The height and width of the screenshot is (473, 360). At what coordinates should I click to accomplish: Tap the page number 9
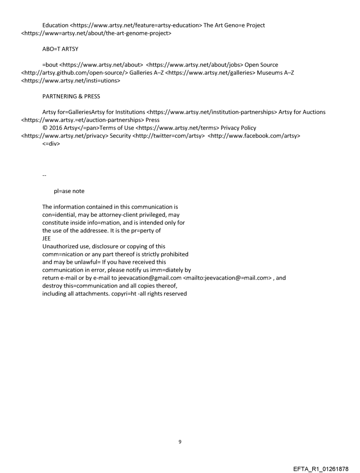click(x=180, y=442)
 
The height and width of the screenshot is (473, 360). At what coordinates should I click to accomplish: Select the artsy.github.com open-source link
click(x=75, y=73)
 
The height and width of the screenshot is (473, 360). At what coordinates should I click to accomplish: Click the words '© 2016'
click(x=52, y=128)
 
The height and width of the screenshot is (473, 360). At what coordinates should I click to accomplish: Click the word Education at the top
click(x=55, y=25)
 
